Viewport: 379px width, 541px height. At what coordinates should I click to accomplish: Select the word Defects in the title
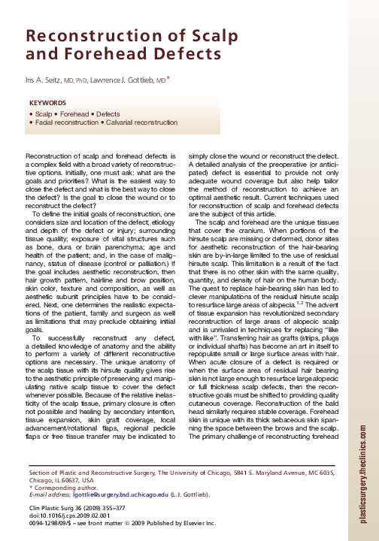click(171, 53)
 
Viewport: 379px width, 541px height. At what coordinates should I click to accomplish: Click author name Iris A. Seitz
click(44, 78)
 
